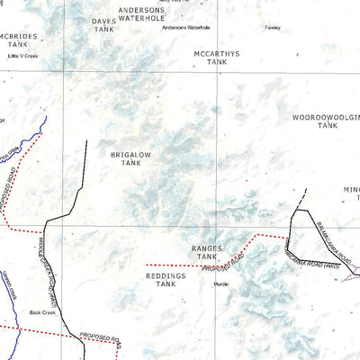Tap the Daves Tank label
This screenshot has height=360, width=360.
pyautogui.click(x=104, y=24)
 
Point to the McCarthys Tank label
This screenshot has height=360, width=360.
pyautogui.click(x=217, y=58)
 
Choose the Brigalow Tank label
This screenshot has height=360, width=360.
pyautogui.click(x=126, y=159)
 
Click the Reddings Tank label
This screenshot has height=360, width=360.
pyautogui.click(x=166, y=279)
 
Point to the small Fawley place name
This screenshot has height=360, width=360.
pyautogui.click(x=272, y=27)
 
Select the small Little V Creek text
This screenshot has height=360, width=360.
pyautogui.click(x=23, y=56)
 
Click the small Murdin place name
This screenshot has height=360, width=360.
pyautogui.click(x=220, y=283)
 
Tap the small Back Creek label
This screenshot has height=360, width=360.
pyautogui.click(x=42, y=312)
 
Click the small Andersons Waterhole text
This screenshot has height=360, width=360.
pyautogui.click(x=185, y=27)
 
